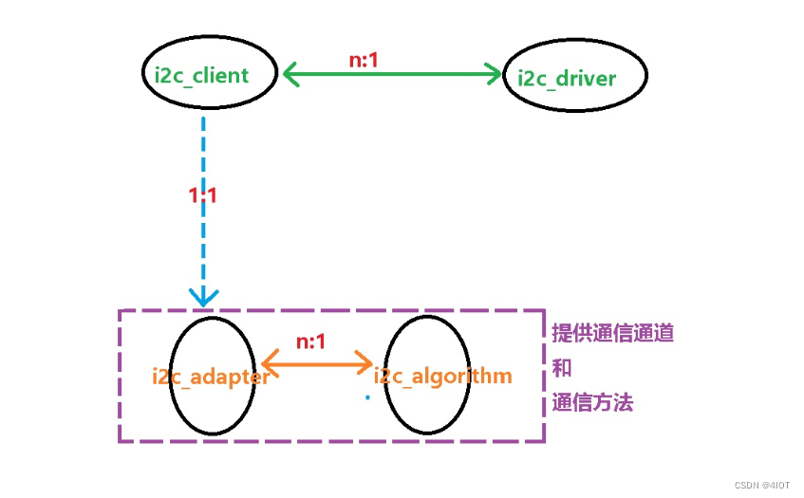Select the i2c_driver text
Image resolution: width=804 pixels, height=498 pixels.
point(566,77)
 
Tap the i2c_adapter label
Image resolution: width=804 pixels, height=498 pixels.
point(211,377)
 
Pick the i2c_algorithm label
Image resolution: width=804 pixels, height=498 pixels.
point(443,377)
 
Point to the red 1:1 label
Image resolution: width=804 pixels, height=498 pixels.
point(203,196)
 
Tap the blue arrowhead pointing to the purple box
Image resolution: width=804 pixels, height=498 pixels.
point(203,296)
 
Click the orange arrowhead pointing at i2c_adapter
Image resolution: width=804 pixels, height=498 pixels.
point(269,361)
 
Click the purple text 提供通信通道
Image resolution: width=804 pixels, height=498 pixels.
point(613,334)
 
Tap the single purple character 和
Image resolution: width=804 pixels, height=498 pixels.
point(562,368)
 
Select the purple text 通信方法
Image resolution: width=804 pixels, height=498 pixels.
point(592,402)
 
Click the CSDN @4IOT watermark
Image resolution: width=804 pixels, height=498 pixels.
point(762,485)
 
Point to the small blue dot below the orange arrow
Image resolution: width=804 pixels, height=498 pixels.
point(366,397)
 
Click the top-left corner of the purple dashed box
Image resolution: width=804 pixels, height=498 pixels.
point(120,311)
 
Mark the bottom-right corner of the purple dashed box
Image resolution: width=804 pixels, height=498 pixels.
point(544,441)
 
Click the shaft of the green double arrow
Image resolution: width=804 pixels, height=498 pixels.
point(391,74)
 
